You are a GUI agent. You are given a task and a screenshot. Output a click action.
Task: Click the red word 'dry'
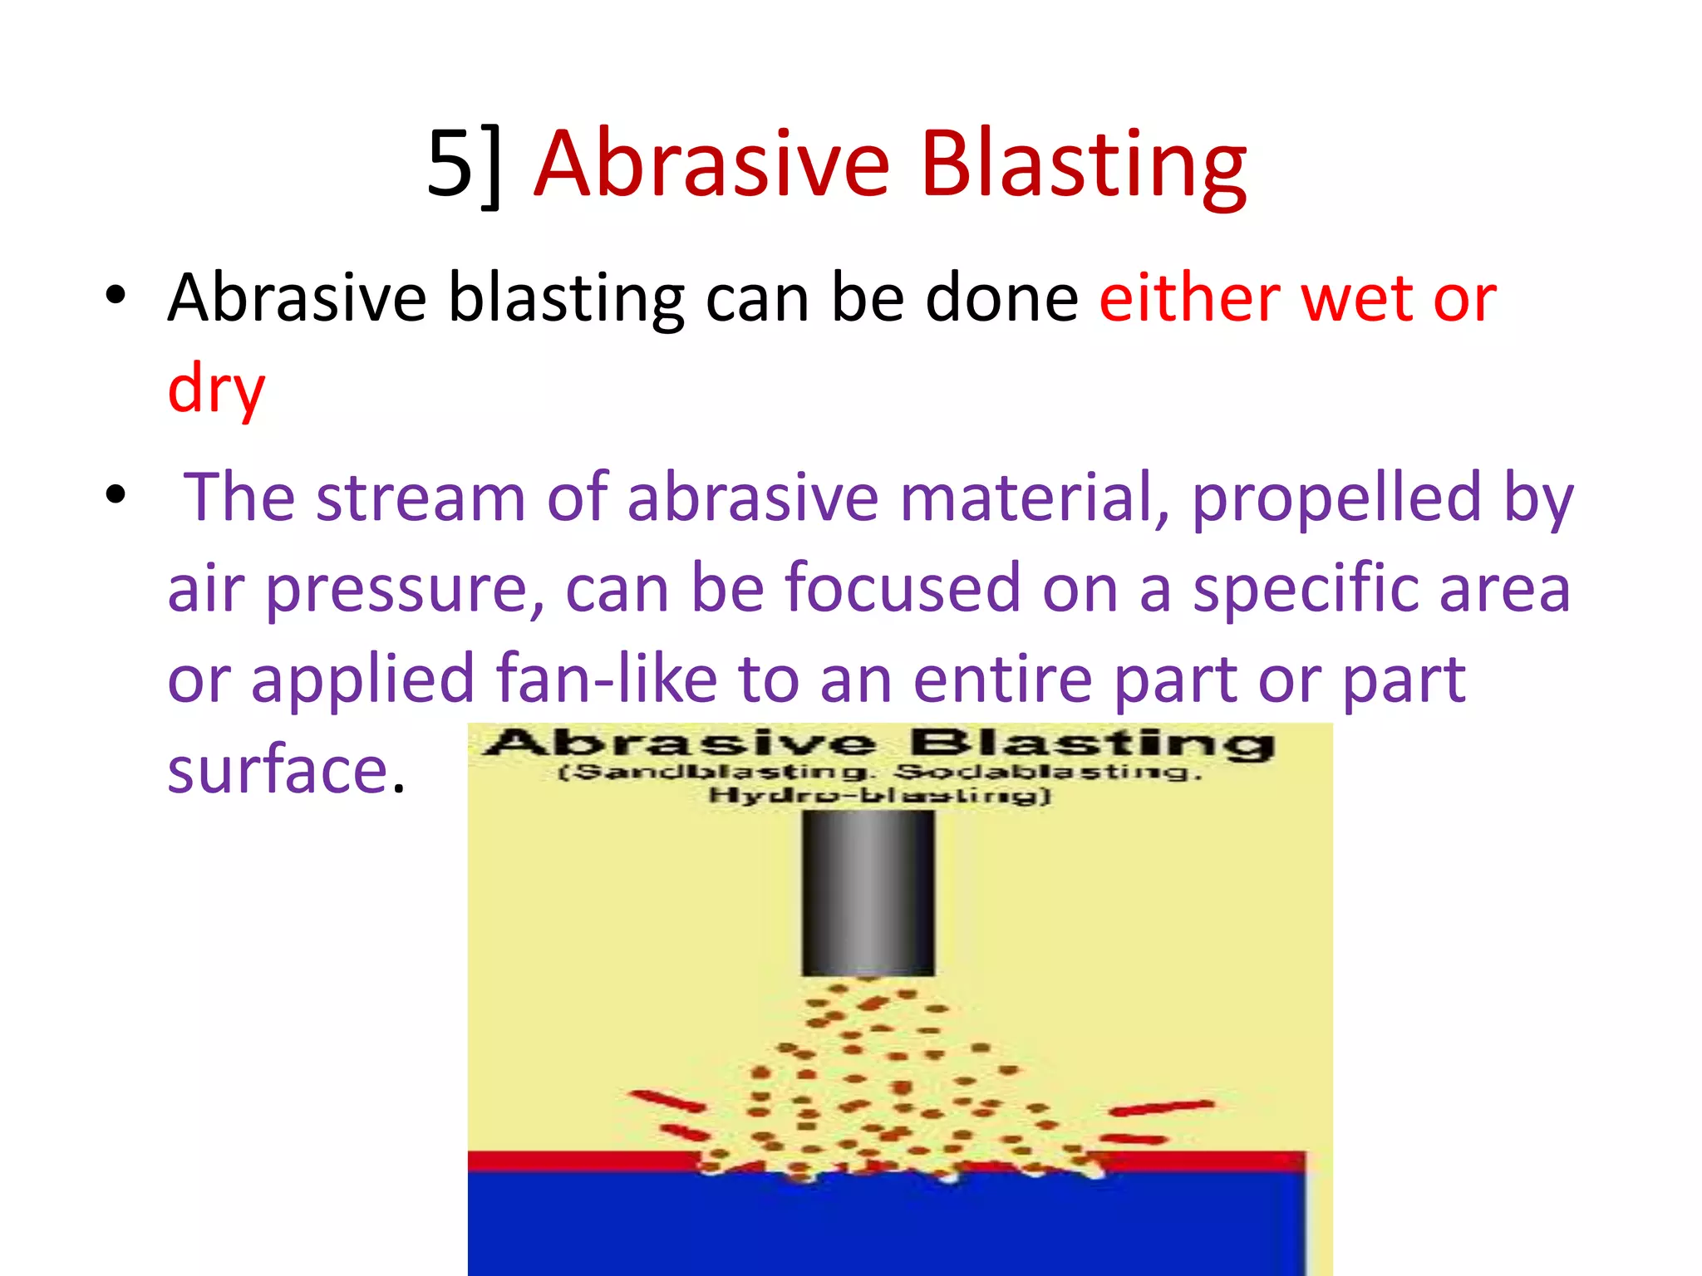coord(216,389)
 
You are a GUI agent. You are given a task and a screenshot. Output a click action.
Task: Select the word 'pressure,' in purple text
coord(405,589)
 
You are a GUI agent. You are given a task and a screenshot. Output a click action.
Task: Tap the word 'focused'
coord(901,587)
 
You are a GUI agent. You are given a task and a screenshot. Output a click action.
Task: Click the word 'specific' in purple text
coord(1306,589)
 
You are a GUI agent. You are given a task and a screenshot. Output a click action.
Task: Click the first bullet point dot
coord(116,296)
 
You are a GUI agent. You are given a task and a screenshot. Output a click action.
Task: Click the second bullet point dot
coord(116,495)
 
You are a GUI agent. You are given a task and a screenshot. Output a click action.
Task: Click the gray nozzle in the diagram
coord(868,892)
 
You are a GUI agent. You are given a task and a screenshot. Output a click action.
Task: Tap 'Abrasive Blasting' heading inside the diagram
coord(879,742)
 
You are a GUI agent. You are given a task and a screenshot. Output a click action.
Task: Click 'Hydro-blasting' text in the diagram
coord(879,796)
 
